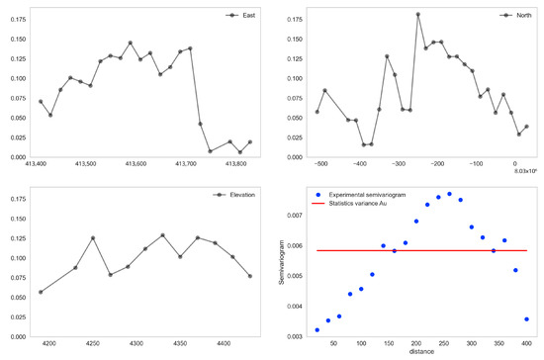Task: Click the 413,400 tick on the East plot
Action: [x=41, y=164]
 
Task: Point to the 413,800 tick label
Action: [x=235, y=164]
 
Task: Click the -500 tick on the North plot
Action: [x=319, y=164]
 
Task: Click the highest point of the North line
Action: [x=417, y=15]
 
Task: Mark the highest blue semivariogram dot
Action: [x=449, y=194]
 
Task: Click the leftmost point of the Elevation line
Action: [x=41, y=292]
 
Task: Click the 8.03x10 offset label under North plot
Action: [x=524, y=172]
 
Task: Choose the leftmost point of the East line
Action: [x=41, y=102]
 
